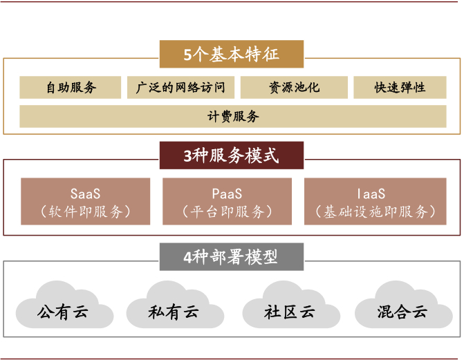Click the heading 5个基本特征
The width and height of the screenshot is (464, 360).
(232, 55)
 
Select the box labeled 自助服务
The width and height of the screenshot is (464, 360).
(71, 88)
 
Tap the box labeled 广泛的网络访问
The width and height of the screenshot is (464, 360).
(181, 88)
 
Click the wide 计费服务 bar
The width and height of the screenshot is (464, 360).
(232, 116)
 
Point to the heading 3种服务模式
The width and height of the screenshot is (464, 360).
(232, 155)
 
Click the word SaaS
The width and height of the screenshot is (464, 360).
(85, 193)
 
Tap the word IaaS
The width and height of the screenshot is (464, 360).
(371, 193)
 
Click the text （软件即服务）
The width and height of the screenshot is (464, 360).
(85, 211)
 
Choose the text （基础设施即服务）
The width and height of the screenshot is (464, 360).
(371, 211)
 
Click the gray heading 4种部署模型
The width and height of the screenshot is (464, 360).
(232, 257)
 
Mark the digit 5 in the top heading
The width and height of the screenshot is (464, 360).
(188, 55)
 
